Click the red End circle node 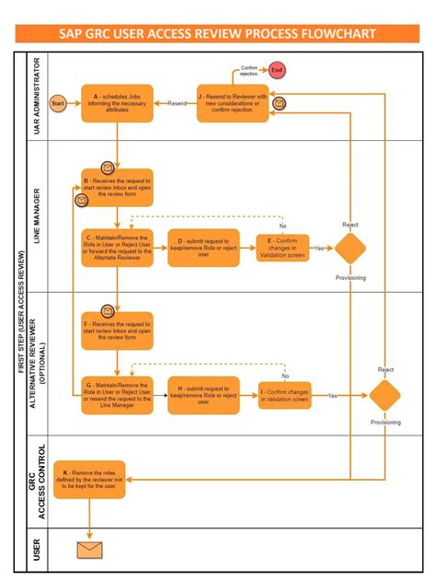[x=276, y=70]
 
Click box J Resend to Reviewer [x=232, y=102]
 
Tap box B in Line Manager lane [x=117, y=187]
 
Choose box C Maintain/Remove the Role [x=117, y=248]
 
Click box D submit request [x=203, y=248]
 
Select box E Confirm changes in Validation [x=283, y=248]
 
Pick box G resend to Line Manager [x=117, y=394]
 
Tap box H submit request [x=203, y=395]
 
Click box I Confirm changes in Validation [x=284, y=395]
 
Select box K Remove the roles [x=89, y=479]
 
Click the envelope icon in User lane [x=89, y=550]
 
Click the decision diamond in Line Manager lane [x=350, y=248]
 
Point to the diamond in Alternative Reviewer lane [x=384, y=395]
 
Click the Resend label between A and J [x=176, y=103]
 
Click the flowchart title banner [x=217, y=34]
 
